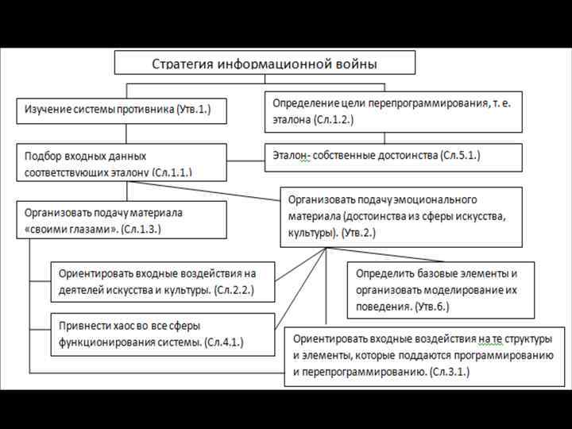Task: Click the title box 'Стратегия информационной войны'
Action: coord(265,63)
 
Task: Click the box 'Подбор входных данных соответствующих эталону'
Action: coord(122,162)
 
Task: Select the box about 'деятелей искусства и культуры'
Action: coord(164,282)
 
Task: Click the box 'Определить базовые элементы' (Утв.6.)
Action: coord(440,290)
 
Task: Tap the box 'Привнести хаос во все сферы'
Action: coord(164,334)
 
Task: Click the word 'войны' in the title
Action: coord(354,64)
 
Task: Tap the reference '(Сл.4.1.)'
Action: coord(224,342)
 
